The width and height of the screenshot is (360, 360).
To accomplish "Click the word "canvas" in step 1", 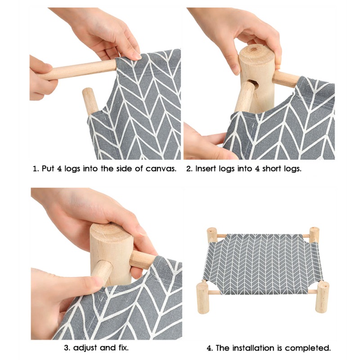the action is pos(161,169).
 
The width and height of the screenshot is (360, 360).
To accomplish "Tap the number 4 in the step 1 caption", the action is pos(59,169).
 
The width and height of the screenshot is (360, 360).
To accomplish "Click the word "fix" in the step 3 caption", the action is pos(122,348).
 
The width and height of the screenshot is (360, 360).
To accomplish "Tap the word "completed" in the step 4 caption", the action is pos(308,348).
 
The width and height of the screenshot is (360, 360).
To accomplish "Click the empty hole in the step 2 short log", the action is pos(254,84).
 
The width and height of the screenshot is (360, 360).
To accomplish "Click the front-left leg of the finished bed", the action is pos(202,297).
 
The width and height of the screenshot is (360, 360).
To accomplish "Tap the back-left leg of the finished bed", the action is pos(211,234).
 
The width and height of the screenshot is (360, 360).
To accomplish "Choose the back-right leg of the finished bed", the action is pos(314,234).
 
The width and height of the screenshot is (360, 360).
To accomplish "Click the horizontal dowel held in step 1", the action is pos(78,70).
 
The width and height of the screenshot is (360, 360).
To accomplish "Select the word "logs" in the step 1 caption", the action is pos(72,169).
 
